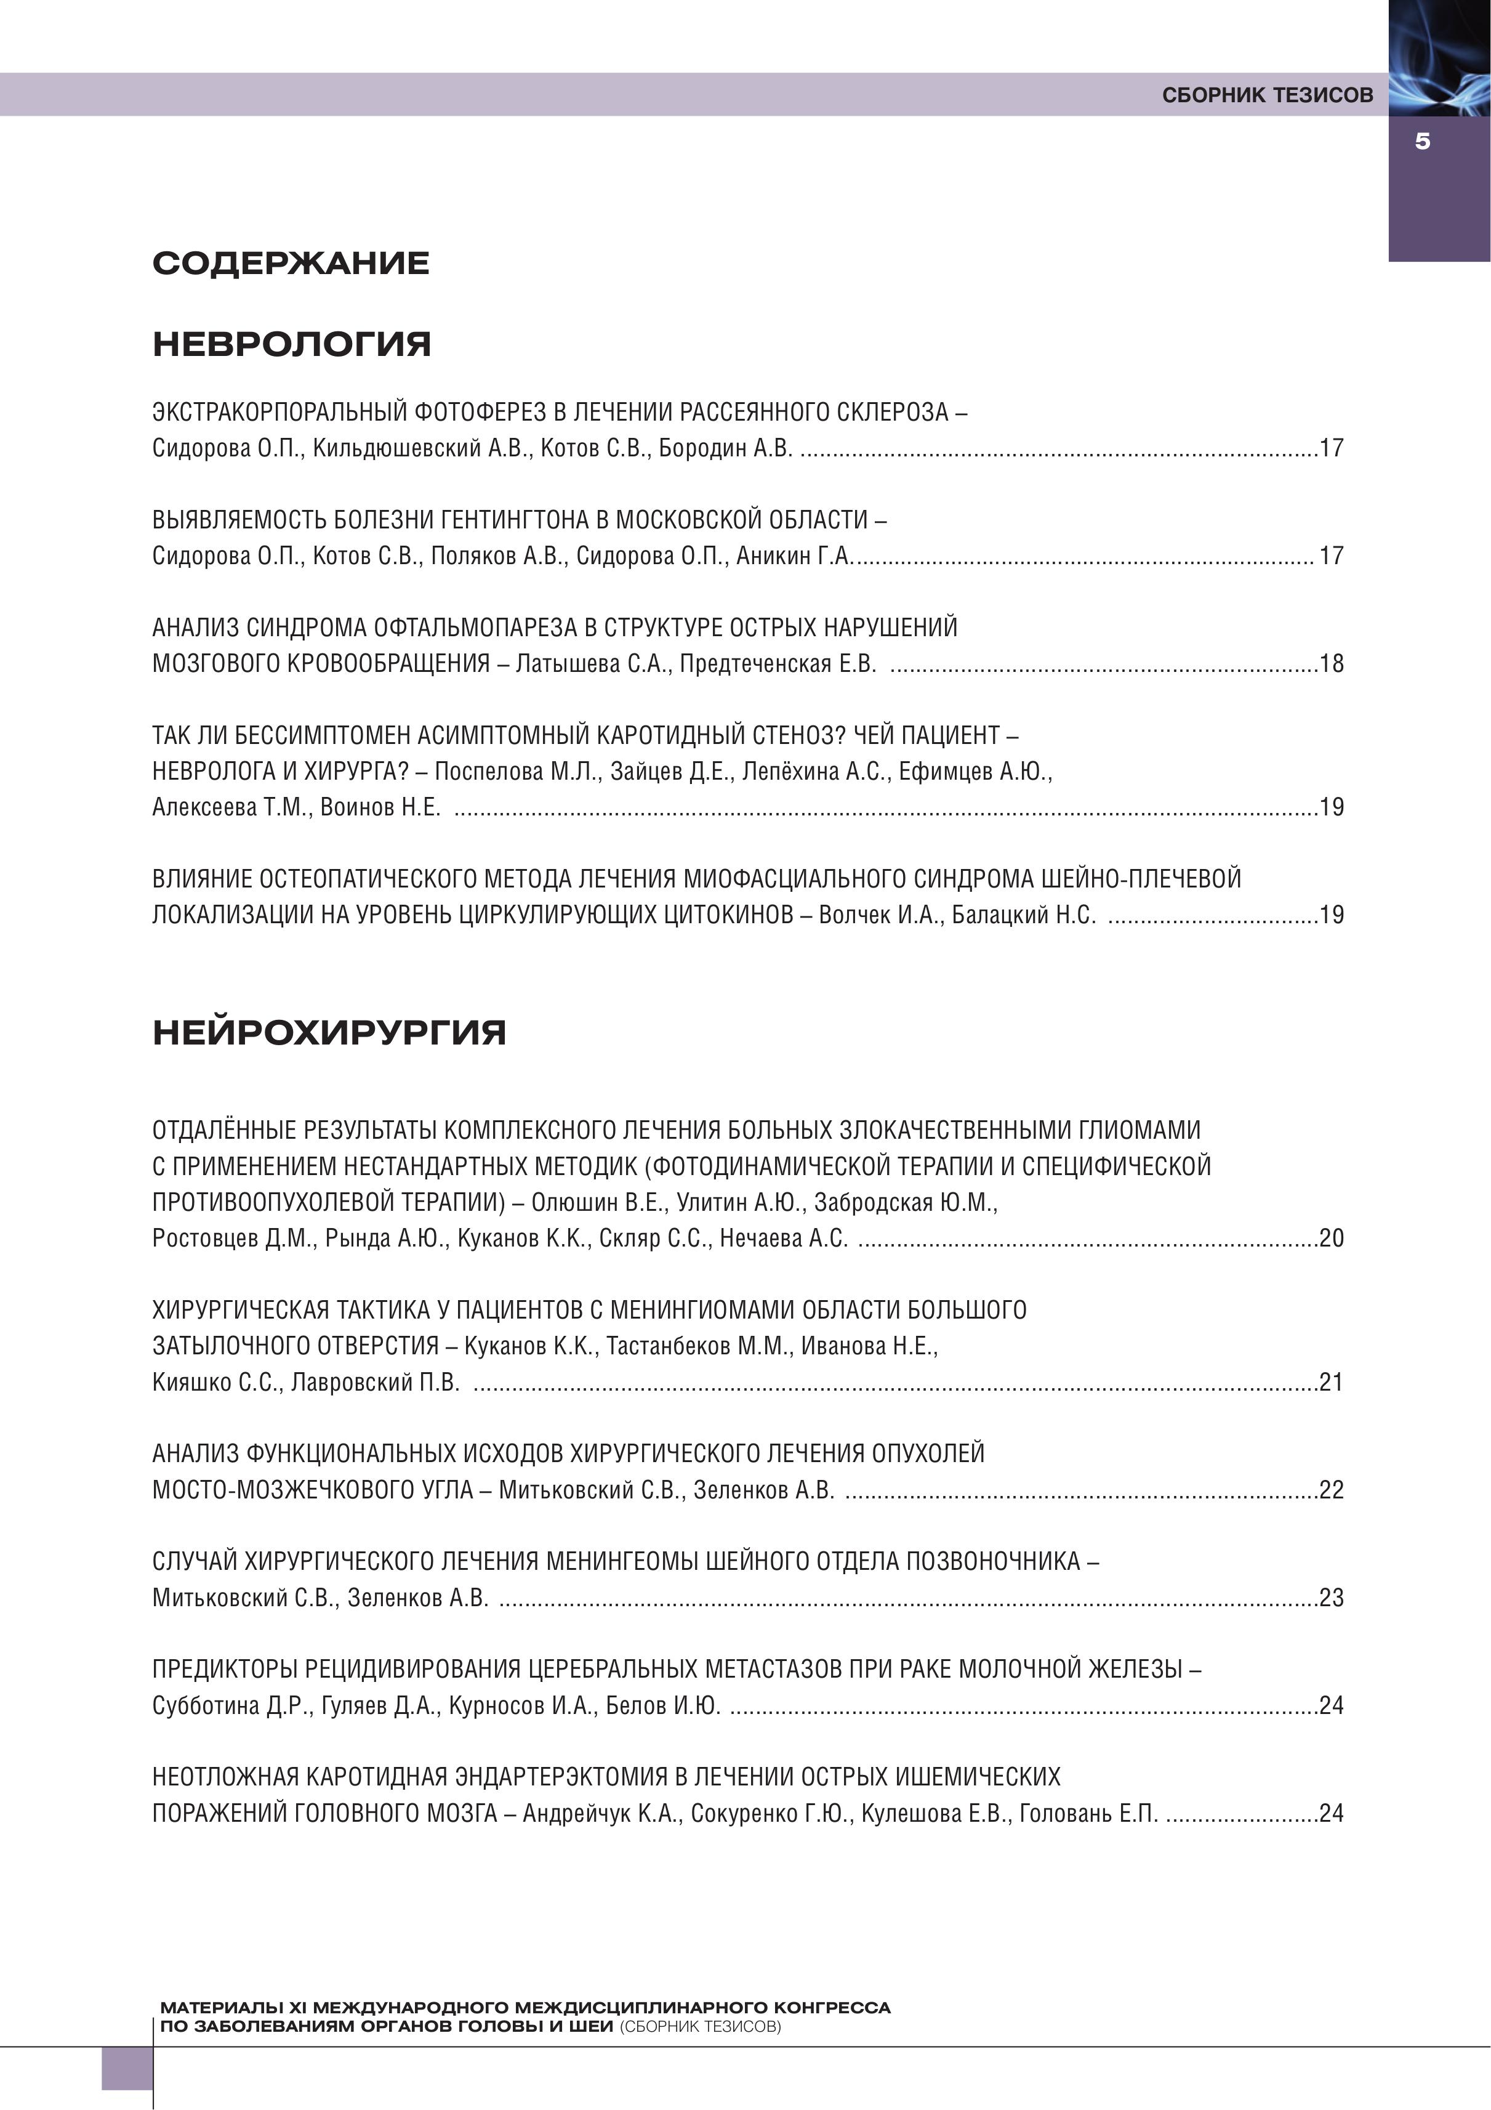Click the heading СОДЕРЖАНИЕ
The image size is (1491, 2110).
pos(291,264)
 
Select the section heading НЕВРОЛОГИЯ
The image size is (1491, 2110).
pos(291,345)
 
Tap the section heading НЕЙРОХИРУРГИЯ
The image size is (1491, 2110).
pos(329,1033)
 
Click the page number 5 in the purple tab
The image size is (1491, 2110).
pos(1422,142)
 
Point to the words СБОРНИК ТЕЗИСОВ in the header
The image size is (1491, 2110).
pos(1267,95)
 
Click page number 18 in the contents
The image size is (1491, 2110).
pos(1331,663)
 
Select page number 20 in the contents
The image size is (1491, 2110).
pos(1331,1238)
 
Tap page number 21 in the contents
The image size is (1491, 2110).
pos(1331,1382)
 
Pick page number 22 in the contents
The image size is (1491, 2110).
pos(1331,1490)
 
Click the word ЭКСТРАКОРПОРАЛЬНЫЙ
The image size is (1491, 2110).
pos(279,411)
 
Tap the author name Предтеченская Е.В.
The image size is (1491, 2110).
pos(778,663)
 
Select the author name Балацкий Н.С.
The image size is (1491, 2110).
pos(1023,915)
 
